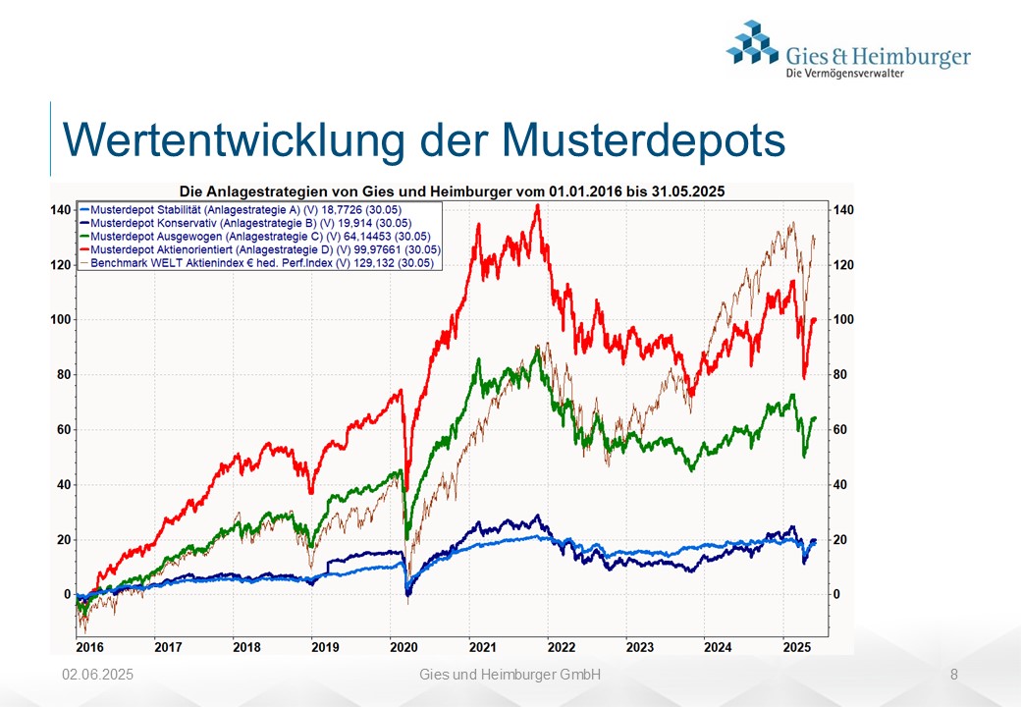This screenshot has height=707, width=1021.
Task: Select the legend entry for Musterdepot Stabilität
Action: pos(241,210)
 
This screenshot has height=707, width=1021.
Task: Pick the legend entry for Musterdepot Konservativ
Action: pos(245,223)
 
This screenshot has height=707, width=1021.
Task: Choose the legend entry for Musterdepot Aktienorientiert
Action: pos(260,250)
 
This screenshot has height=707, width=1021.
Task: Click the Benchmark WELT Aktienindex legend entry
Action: pos(256,263)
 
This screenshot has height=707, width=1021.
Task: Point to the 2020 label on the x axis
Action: pos(403,647)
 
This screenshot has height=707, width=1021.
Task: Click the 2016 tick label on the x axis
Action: pos(90,647)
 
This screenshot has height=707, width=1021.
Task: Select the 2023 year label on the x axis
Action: pos(639,647)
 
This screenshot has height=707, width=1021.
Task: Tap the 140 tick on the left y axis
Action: pos(61,210)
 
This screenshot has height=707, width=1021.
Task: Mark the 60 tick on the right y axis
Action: pos(840,430)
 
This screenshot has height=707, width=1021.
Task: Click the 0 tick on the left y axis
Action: pos(67,594)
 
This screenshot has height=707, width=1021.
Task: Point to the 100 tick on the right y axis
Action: pos(843,320)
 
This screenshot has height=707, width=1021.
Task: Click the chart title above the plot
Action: pos(452,191)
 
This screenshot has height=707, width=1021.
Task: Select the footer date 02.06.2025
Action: pos(97,675)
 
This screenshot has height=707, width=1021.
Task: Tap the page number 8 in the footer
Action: pos(954,675)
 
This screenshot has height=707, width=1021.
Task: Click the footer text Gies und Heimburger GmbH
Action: pos(510,675)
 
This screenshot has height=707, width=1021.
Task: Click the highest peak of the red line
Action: pos(537,206)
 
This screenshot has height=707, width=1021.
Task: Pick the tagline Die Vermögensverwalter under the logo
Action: pos(845,73)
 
